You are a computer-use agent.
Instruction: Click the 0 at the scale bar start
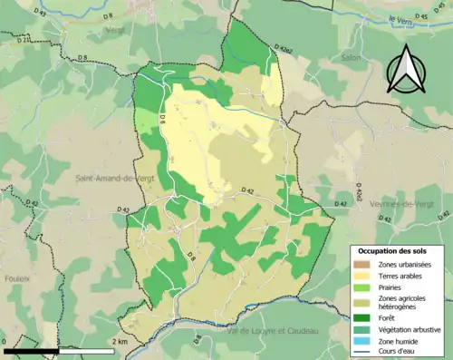tap(5, 342)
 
